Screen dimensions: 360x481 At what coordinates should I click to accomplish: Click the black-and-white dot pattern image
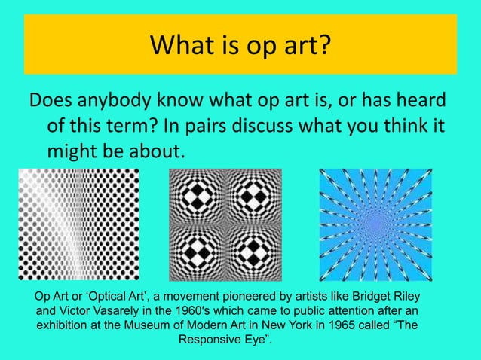coord(79,224)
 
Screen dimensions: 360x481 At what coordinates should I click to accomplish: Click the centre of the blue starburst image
coord(375,224)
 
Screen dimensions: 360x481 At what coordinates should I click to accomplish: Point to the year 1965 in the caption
coord(339,325)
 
